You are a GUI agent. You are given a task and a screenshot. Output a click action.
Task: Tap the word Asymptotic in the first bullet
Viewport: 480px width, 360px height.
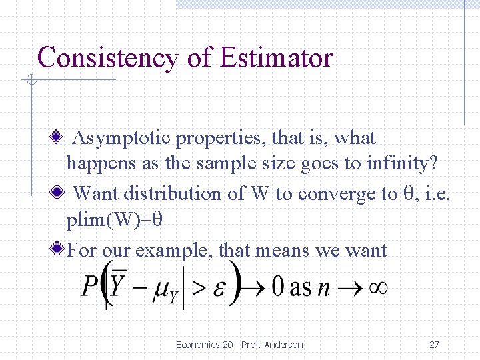pos(115,139)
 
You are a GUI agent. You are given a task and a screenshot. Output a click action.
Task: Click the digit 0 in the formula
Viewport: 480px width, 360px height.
pos(278,287)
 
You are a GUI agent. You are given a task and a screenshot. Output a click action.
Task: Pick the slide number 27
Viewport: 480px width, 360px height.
pos(434,345)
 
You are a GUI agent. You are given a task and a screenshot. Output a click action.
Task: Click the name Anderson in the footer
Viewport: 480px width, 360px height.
pos(283,345)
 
